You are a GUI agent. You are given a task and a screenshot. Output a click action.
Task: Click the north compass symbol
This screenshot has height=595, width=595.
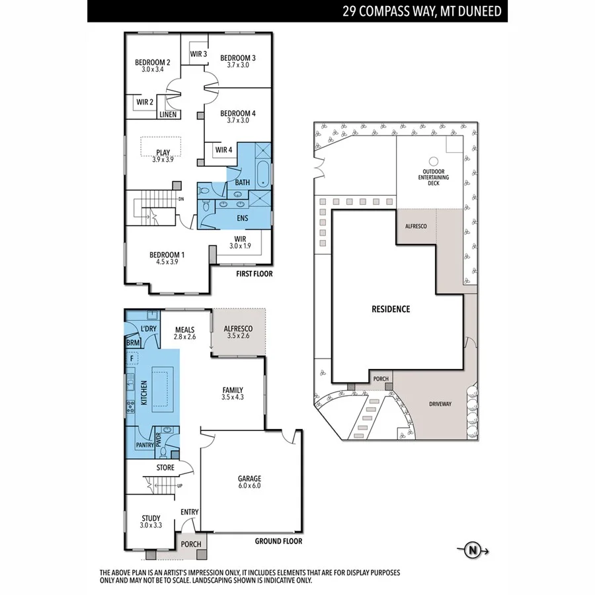click(x=473, y=549)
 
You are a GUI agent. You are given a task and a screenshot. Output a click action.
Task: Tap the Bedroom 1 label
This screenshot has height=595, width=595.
click(x=167, y=258)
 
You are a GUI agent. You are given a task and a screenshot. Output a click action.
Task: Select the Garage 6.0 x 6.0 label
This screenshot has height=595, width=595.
click(x=250, y=483)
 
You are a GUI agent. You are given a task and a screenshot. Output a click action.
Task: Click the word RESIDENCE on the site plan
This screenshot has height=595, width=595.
click(x=390, y=309)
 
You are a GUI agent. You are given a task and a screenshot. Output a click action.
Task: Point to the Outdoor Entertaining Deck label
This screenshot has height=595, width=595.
click(x=434, y=178)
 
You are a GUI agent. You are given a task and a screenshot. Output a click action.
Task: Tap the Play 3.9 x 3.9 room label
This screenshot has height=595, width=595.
click(x=163, y=155)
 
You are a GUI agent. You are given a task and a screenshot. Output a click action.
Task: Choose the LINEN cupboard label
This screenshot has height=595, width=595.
click(x=167, y=115)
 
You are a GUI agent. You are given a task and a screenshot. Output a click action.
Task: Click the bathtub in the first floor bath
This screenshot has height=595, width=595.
click(x=262, y=173)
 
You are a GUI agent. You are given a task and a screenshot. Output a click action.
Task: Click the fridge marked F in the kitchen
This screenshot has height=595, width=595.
click(x=132, y=358)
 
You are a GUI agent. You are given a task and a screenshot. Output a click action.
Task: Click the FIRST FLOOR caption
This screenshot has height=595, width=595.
click(x=254, y=274)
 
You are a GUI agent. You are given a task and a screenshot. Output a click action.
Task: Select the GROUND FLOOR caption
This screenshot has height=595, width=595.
click(x=278, y=541)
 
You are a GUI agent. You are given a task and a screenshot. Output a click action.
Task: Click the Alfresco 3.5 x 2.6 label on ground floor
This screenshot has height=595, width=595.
click(x=239, y=332)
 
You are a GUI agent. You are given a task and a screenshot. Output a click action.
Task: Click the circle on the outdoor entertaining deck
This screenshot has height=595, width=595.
click(x=434, y=161)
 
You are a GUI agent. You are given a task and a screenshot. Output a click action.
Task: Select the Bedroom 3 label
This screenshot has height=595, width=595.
click(x=237, y=61)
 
